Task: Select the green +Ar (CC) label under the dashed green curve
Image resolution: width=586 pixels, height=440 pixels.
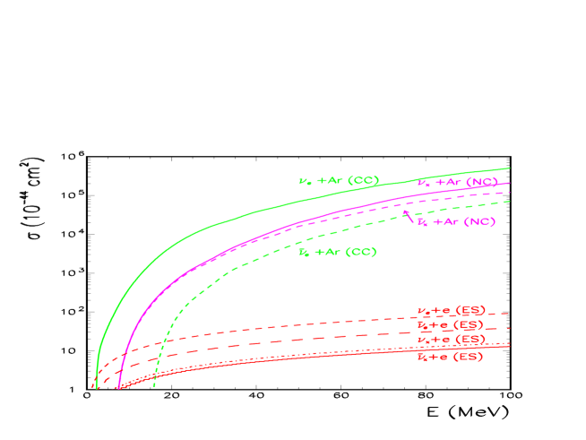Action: coord(337,252)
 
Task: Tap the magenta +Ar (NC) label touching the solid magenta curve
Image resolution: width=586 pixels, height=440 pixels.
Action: coord(457,182)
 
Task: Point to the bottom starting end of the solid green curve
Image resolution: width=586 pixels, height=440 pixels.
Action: coord(95,387)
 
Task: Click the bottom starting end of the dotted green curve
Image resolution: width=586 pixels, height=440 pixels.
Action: coord(155,385)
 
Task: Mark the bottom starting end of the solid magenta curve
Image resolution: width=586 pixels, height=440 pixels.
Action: coord(118,388)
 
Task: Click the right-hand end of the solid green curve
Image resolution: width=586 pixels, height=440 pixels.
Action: coord(510,168)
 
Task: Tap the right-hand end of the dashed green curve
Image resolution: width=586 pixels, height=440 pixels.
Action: coord(510,201)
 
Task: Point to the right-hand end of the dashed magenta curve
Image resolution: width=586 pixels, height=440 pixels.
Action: coord(510,192)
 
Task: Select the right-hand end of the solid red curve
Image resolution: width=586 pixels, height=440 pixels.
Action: coord(510,346)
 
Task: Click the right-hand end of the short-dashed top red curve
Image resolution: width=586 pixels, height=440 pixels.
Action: coord(510,314)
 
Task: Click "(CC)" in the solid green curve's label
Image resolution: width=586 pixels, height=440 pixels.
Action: coord(365,181)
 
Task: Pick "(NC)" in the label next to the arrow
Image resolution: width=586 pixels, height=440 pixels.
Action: coord(481,221)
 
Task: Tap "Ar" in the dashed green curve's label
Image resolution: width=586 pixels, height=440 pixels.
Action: coord(334,252)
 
